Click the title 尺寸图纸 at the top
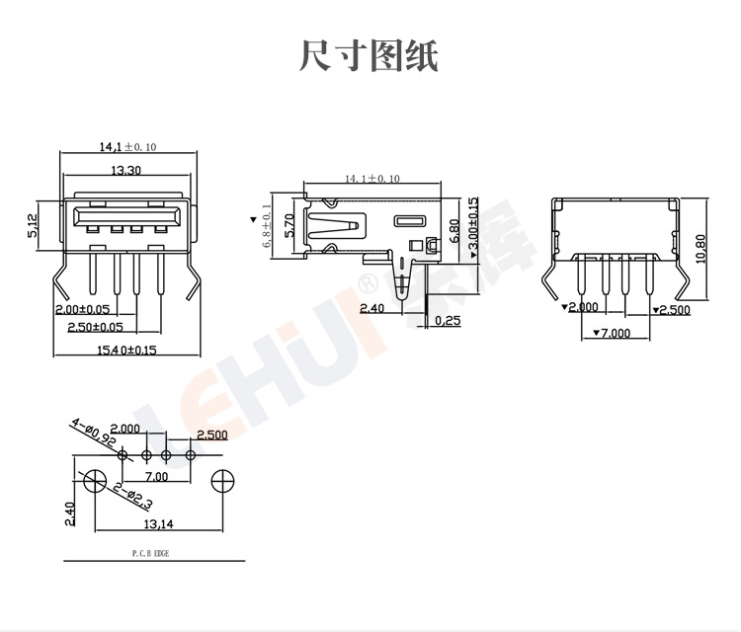point(369,55)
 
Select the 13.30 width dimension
point(124,170)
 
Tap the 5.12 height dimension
point(32,226)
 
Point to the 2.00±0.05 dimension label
point(82,309)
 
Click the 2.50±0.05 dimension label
point(95,326)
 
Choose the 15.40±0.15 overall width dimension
point(126,350)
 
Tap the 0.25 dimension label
point(448,320)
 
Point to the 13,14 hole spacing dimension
point(158,523)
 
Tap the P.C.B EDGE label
point(150,554)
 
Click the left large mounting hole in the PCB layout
point(95,482)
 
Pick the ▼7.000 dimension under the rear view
point(610,333)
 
